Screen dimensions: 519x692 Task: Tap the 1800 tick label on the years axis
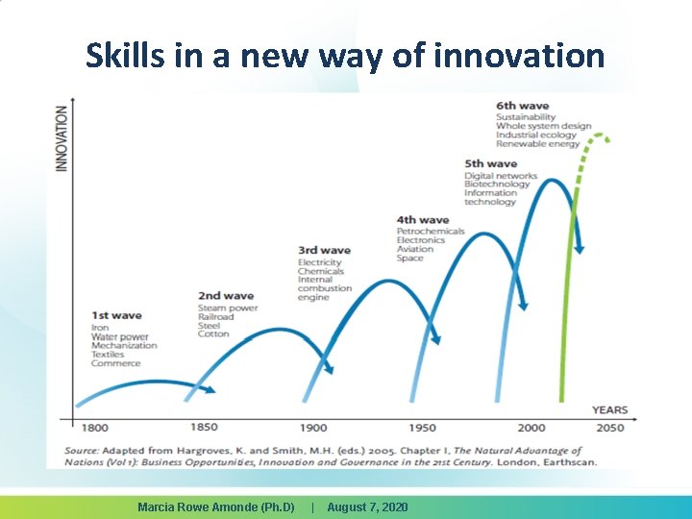coord(95,428)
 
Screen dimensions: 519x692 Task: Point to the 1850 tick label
coord(204,427)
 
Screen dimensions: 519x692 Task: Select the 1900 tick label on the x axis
coord(313,428)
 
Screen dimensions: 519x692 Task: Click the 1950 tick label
coord(422,428)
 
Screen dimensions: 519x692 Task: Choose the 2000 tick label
coord(531,428)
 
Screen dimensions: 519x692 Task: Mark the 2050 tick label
coord(608,428)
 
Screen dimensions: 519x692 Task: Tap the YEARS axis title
coord(609,410)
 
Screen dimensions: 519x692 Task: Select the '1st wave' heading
coord(116,315)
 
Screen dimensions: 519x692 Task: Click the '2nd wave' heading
coord(226,296)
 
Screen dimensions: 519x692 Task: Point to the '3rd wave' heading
coord(324,251)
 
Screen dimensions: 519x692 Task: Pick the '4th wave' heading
coord(423,220)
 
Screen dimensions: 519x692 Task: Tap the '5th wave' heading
coord(491,164)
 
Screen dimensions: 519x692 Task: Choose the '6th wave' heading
coord(523,106)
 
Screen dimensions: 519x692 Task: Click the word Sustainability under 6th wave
coord(526,117)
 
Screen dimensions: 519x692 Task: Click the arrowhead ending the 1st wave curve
coord(210,389)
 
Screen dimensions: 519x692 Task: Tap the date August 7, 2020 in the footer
coord(367,507)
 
